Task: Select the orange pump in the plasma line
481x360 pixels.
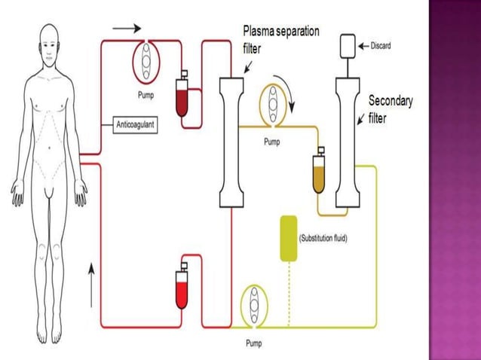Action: tap(270, 106)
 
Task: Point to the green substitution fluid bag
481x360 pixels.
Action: tap(288, 239)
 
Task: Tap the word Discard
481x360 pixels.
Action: tap(380, 45)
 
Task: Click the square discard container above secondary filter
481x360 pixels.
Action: tap(347, 46)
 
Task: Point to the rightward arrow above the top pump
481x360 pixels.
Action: tap(126, 29)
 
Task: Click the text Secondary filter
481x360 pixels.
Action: tap(390, 108)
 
